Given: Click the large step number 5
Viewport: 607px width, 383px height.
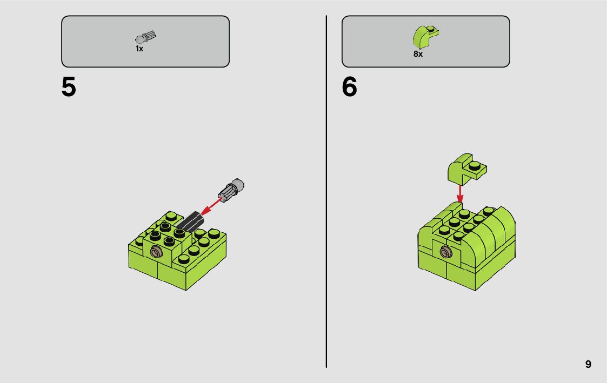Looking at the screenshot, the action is click(69, 86).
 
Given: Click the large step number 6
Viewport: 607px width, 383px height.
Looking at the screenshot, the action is click(349, 86).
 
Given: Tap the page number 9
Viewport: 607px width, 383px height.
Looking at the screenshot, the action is click(588, 364).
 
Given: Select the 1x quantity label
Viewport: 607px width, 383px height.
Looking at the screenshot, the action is click(139, 49).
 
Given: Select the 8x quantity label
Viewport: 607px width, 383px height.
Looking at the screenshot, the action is click(418, 54).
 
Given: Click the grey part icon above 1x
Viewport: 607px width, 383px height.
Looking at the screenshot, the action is click(146, 37).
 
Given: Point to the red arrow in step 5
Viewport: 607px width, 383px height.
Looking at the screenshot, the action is click(212, 205).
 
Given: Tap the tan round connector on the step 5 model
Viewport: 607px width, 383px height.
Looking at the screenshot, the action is click(156, 253).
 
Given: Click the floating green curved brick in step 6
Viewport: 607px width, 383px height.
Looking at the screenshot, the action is click(466, 168).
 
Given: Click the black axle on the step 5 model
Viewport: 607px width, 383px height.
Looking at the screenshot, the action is click(190, 221).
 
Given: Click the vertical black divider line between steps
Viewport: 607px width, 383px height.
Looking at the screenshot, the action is click(326, 191).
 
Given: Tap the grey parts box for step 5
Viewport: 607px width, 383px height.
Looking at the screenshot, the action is click(145, 42).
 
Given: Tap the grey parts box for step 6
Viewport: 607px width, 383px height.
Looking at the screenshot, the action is click(426, 42).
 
